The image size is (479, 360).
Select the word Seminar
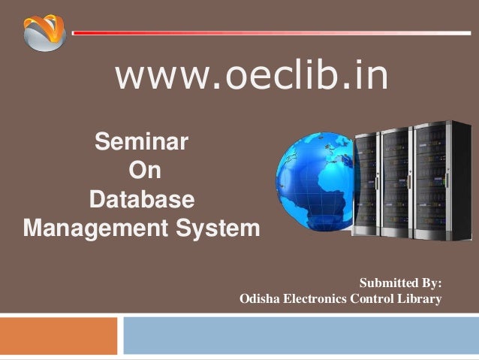pyautogui.click(x=141, y=141)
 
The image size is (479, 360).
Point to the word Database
pyautogui.click(x=142, y=201)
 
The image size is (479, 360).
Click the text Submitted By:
pyautogui.click(x=401, y=283)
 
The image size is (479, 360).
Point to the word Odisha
pyautogui.click(x=260, y=300)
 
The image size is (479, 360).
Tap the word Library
pyautogui.click(x=422, y=300)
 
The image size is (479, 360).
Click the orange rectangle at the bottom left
pyautogui.click(x=59, y=335)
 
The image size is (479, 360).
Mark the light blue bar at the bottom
pyautogui.click(x=300, y=335)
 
